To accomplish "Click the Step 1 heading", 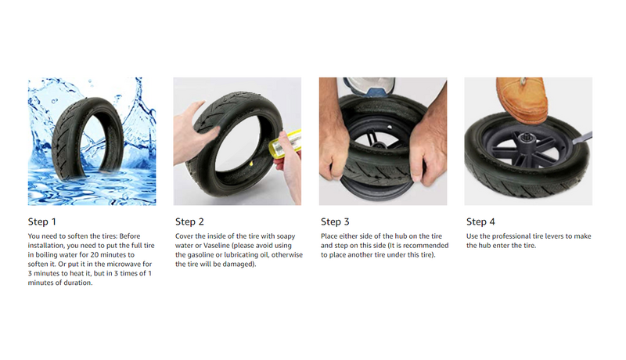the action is click(42, 222).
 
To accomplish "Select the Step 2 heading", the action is click(189, 222).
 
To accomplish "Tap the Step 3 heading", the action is click(335, 222).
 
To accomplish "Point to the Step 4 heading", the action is click(480, 222).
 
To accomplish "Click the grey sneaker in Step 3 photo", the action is click(369, 87).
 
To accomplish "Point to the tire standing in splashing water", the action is click(87, 139).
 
